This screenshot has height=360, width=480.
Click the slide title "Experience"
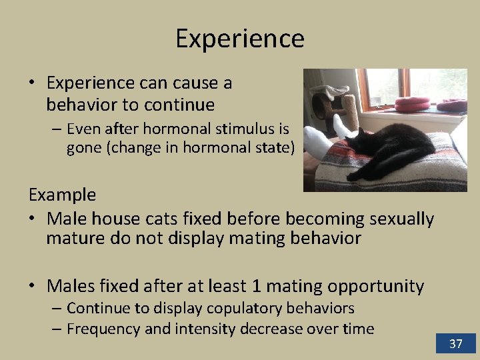[240, 39]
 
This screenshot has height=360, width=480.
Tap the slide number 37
[456, 344]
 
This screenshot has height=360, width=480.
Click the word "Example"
[62, 195]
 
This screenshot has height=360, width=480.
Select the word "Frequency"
[105, 329]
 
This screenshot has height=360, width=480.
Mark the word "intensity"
[204, 329]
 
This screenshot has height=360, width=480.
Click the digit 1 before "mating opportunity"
[257, 286]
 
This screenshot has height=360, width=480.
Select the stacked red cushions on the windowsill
[412, 103]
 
